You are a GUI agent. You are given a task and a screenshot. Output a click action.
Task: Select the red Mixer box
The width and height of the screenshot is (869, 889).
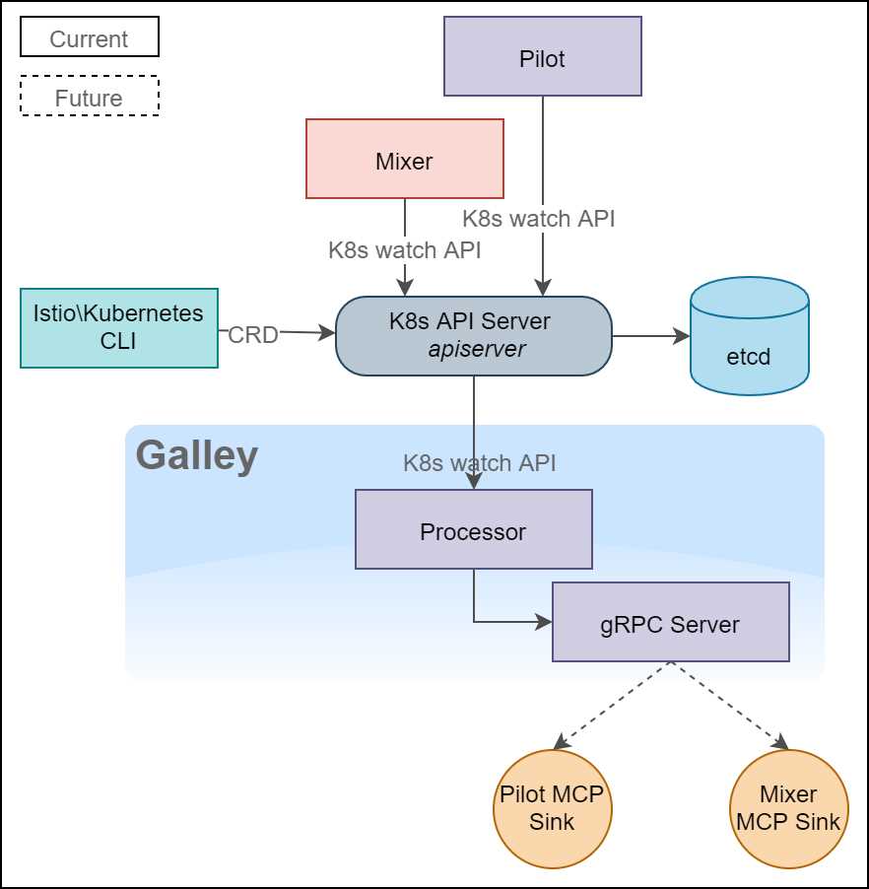[x=405, y=159]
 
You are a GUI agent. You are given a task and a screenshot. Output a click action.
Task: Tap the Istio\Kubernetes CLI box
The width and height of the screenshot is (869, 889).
[x=118, y=327]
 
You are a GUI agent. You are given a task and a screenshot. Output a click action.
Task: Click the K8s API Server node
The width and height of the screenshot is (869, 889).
[x=474, y=335]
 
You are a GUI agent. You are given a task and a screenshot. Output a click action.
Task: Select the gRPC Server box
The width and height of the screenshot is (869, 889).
[x=670, y=622]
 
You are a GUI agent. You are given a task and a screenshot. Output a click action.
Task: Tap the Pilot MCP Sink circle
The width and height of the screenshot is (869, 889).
[x=552, y=808]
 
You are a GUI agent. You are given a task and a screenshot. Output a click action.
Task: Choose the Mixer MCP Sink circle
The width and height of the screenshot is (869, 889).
[x=788, y=808]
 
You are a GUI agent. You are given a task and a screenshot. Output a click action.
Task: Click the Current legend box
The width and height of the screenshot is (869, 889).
[x=89, y=39]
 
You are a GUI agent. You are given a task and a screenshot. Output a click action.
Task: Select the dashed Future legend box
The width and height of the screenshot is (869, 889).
[x=89, y=98]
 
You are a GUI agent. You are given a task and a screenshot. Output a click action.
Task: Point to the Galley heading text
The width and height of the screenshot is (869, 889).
[x=196, y=456]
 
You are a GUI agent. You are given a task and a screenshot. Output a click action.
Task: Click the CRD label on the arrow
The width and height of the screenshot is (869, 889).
[x=252, y=335]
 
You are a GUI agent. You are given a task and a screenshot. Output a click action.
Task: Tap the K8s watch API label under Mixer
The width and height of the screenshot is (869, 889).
[x=405, y=250]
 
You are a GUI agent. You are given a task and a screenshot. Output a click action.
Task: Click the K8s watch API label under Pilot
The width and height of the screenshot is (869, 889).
[x=538, y=219]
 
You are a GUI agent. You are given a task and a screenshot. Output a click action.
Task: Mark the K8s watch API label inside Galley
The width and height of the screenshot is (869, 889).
[x=479, y=462]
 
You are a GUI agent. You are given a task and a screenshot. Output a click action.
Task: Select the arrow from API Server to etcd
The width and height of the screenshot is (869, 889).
[x=650, y=336]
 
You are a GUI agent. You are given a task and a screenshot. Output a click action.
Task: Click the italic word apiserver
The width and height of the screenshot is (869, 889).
[x=477, y=349]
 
